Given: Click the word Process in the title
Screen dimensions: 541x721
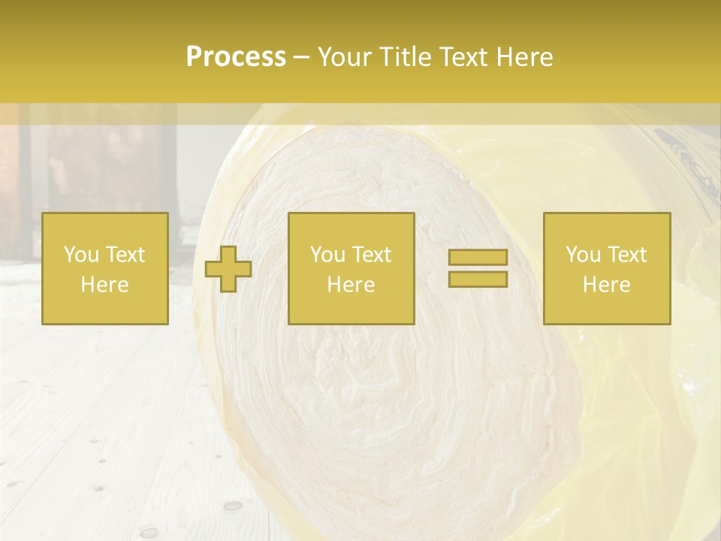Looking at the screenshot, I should pyautogui.click(x=236, y=57).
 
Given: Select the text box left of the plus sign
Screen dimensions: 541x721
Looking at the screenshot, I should pyautogui.click(x=105, y=268).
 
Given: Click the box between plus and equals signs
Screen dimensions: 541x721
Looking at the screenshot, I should pyautogui.click(x=351, y=268).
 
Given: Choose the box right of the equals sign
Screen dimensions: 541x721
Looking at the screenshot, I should pyautogui.click(x=607, y=268).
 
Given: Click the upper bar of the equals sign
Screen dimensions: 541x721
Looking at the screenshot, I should pyautogui.click(x=478, y=258).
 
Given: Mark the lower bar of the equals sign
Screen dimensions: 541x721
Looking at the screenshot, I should pyautogui.click(x=478, y=279).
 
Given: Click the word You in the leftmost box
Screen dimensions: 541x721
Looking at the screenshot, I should pyautogui.click(x=80, y=255).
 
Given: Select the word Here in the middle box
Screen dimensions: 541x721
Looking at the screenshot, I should pyautogui.click(x=351, y=285).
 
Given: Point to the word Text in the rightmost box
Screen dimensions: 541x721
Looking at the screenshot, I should pyautogui.click(x=627, y=255).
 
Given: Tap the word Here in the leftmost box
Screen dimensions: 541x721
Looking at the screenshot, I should pyautogui.click(x=105, y=285).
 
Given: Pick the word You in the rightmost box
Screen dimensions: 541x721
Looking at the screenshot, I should pyautogui.click(x=583, y=255).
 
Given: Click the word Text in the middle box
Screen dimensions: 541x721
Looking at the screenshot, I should pyautogui.click(x=372, y=255).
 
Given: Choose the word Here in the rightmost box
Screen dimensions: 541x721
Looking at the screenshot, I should pyautogui.click(x=607, y=285).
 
